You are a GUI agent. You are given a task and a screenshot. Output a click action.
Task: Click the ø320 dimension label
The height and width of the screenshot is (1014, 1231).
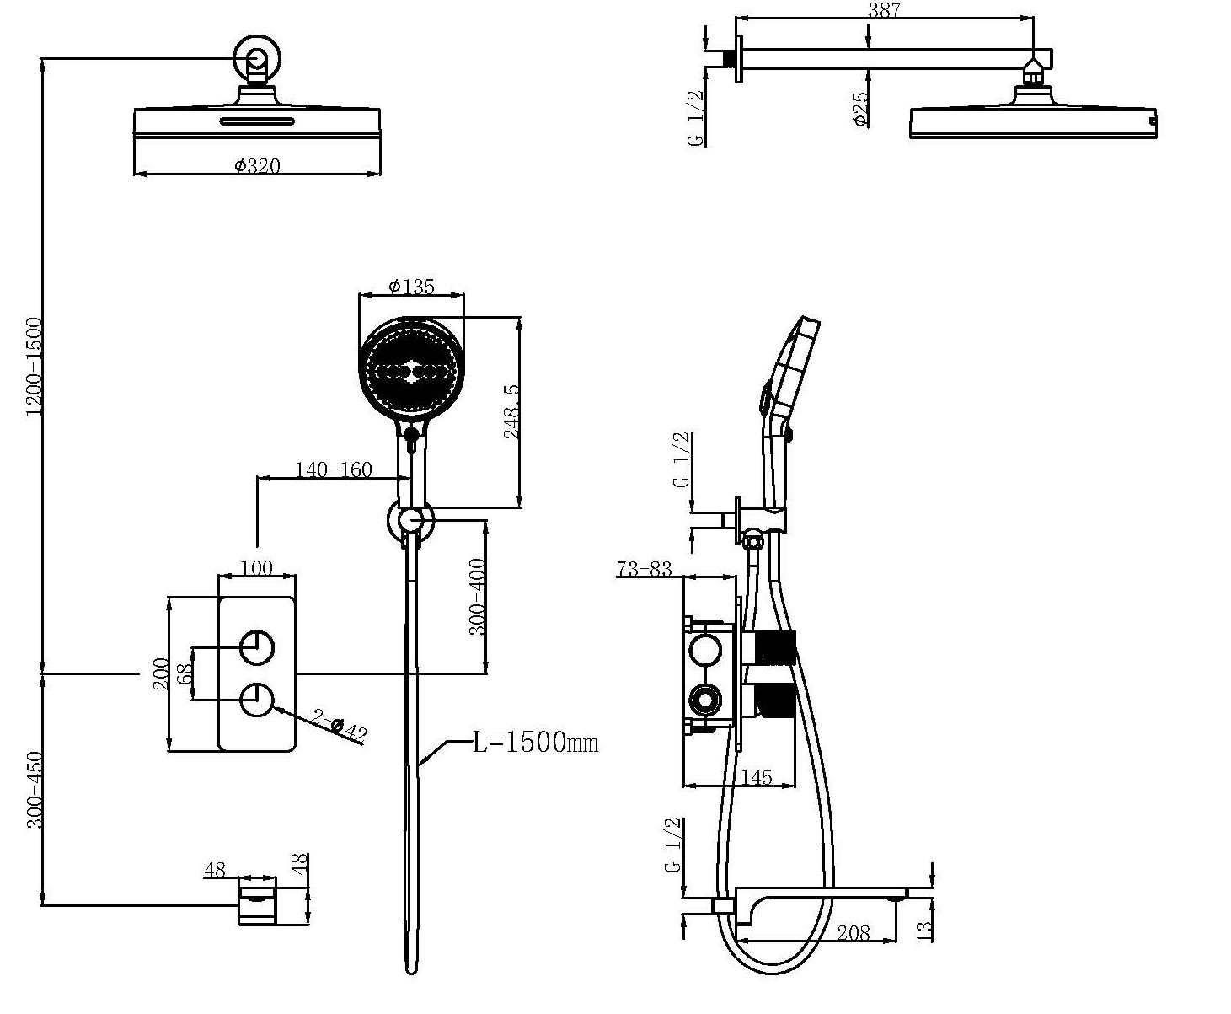coord(257,166)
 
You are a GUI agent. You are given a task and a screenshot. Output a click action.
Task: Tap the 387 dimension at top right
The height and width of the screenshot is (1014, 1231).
coord(884,11)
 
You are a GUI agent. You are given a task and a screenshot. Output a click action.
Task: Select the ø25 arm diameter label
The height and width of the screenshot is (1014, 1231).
coord(860,109)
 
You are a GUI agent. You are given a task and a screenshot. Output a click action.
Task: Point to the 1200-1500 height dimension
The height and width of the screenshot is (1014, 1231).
coord(35,365)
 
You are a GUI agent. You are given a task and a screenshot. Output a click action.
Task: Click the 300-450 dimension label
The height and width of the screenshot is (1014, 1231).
coord(35,790)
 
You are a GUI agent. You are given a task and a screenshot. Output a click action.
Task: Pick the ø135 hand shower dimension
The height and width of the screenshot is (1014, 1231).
coord(411,287)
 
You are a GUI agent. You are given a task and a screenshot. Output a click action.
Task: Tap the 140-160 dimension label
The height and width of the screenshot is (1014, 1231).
coord(333,469)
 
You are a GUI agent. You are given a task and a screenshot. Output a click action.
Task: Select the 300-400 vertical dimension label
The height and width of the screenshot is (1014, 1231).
coord(477,597)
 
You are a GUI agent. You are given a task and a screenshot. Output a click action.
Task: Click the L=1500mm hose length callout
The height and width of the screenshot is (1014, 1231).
coord(535,743)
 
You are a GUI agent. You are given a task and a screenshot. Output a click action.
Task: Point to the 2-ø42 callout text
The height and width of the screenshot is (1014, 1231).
coord(340,726)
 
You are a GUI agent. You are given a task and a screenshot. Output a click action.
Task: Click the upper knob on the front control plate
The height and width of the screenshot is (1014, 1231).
coord(257,647)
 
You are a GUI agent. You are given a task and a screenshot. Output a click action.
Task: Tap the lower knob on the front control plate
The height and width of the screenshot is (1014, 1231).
coord(257,700)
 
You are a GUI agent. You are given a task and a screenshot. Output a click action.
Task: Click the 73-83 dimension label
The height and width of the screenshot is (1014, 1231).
coord(644,570)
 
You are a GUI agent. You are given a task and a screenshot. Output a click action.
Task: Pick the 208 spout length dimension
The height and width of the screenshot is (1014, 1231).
coord(854,931)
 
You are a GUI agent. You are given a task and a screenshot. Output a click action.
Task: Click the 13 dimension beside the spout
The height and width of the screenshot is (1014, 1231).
coord(925,931)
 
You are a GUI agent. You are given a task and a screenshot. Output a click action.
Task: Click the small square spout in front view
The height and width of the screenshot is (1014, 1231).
coord(258,904)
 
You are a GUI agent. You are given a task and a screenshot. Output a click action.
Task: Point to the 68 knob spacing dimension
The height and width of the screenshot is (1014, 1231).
coord(186,673)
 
